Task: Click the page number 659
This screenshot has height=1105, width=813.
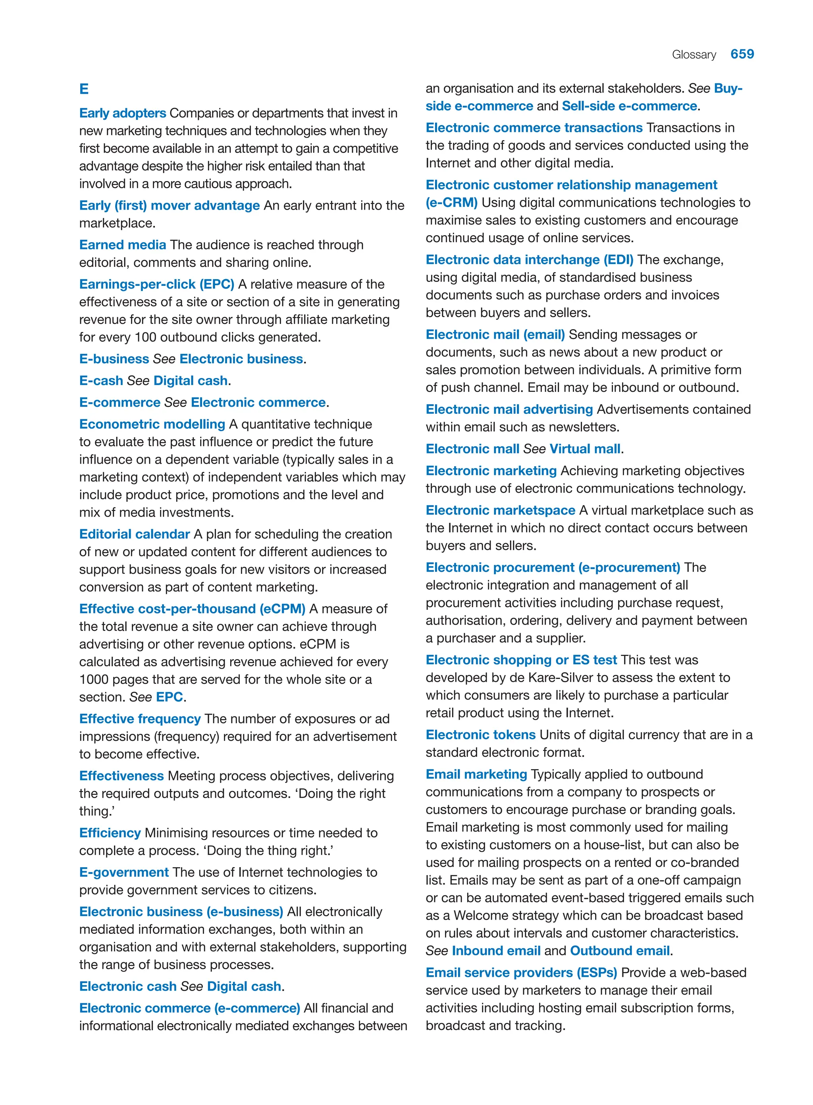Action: coord(742,54)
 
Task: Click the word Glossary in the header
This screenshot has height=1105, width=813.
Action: coord(694,55)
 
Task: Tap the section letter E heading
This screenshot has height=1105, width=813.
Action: coord(84,89)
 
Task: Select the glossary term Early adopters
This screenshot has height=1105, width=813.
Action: coord(123,113)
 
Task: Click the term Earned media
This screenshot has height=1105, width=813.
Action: coord(123,245)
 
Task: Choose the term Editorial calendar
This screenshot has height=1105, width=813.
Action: coord(134,534)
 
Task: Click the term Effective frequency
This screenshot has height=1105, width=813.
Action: coord(140,719)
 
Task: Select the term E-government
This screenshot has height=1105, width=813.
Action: coord(124,872)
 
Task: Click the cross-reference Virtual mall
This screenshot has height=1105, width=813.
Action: coord(585,449)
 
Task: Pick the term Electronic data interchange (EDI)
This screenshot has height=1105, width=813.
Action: coord(530,260)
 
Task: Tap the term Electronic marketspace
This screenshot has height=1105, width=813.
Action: coord(500,511)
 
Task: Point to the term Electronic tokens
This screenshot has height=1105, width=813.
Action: coord(480,735)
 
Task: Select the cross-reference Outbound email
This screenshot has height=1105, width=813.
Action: coord(620,951)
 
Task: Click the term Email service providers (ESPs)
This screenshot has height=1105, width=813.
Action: coord(521,973)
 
